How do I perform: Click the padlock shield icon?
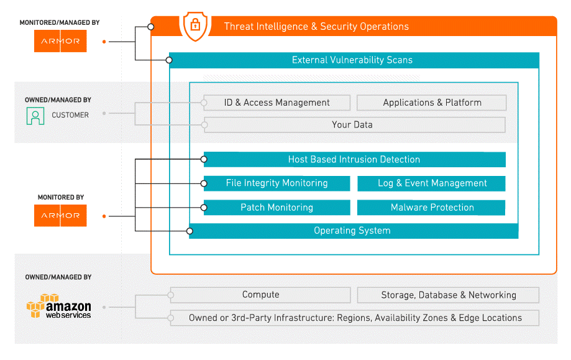point(195,25)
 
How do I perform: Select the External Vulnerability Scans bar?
point(354,60)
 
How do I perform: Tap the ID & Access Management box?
point(276,103)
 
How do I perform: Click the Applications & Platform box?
point(432,103)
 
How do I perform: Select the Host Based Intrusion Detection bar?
point(355,160)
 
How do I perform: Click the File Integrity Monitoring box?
point(276,183)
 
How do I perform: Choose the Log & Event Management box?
point(432,183)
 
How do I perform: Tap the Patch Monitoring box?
point(276,207)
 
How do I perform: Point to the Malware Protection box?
point(432,207)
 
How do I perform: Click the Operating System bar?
point(354,231)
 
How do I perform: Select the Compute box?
point(260,295)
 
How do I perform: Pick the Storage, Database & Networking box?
point(448,295)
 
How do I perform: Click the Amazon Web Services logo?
point(58,306)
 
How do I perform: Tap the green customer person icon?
point(35,116)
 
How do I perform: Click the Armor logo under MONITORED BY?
point(60,215)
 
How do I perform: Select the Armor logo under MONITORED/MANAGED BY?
point(60,41)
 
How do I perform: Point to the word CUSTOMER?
point(70,115)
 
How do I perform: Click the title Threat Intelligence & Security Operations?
point(316,27)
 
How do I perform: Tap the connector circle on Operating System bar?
point(190,231)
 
